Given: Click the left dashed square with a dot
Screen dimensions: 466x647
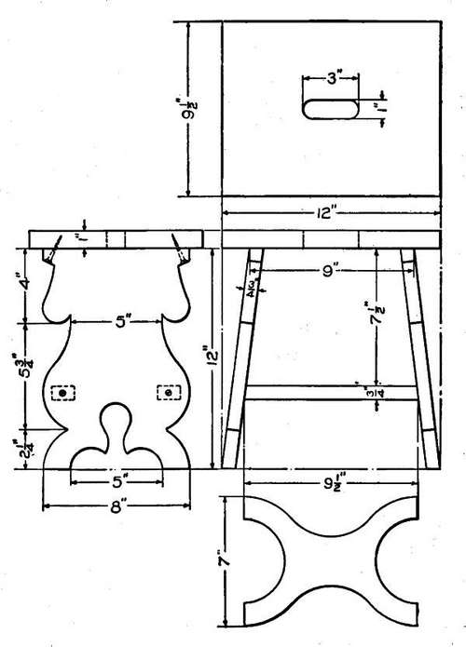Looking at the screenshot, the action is coord(63,394).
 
